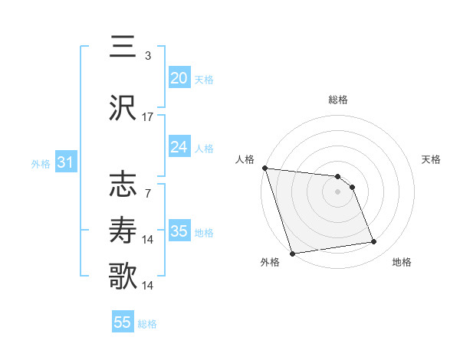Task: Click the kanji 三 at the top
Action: [123, 46]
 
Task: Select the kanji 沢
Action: [123, 109]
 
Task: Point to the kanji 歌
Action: [123, 276]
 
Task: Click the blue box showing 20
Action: [179, 78]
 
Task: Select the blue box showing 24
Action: [179, 147]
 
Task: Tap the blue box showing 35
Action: [179, 231]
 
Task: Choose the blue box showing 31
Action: [65, 162]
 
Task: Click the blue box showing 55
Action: [123, 322]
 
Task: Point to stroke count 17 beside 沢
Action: [148, 117]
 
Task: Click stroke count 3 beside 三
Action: [148, 55]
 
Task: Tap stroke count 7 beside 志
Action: [148, 194]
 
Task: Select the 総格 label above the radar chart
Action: [338, 100]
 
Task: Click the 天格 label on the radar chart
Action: [432, 159]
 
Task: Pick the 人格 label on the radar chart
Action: [245, 159]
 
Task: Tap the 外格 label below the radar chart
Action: [270, 263]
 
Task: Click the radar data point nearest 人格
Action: [264, 168]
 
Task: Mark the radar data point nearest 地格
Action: [374, 242]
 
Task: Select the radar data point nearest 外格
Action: [292, 253]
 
